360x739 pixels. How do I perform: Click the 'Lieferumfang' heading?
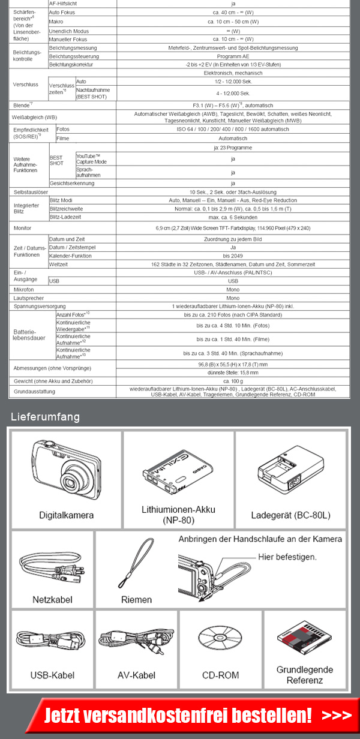coord(45,417)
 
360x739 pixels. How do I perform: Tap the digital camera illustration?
coord(66,470)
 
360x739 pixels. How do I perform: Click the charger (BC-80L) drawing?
coord(291,471)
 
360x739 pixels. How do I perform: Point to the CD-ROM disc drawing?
coord(220,642)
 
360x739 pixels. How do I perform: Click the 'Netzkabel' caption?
coord(52,599)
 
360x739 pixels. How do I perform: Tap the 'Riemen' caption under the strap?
coord(136,599)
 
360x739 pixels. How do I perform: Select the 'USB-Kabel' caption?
coord(52,675)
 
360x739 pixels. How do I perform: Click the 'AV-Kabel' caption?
coord(136,675)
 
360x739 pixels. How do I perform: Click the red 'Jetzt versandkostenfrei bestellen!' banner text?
coord(178,715)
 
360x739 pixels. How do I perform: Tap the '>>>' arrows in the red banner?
coord(336,715)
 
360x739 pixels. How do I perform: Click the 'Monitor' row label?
coord(23,229)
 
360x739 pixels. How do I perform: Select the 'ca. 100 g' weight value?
coord(233,381)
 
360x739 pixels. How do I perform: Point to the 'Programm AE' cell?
coord(233,56)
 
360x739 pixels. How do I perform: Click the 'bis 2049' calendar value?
coord(233,256)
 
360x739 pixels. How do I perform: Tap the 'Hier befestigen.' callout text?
coord(287,557)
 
